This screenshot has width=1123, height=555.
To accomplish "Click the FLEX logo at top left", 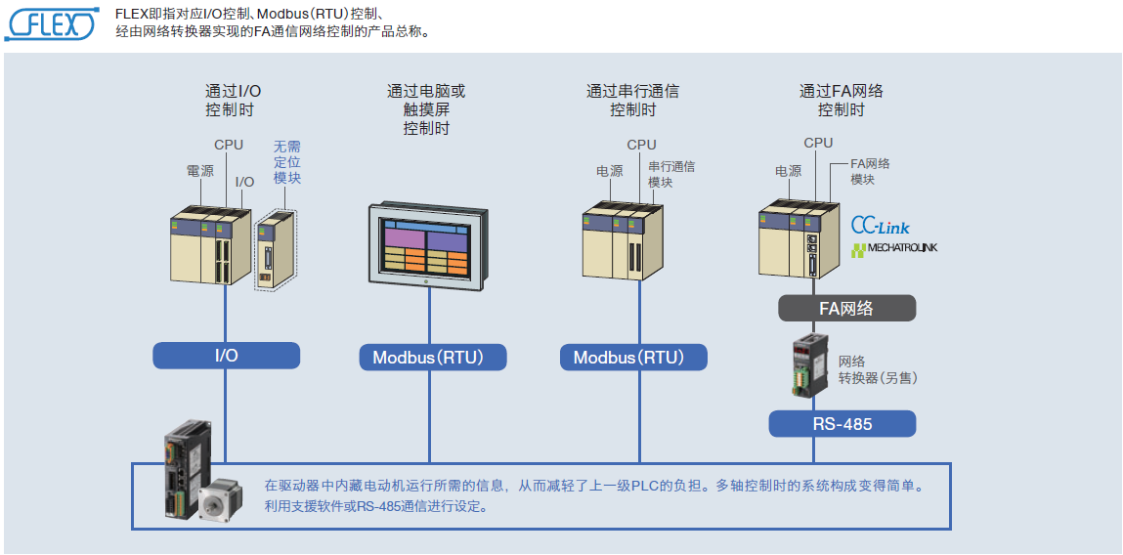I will [52, 23].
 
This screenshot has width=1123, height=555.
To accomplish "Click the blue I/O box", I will [226, 355].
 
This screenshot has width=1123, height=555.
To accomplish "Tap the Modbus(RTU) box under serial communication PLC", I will [633, 357].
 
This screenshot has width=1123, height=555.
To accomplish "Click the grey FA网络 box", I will [846, 309].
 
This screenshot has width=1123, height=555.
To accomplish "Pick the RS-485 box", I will [842, 424].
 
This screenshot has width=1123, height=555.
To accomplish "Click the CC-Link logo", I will [880, 226].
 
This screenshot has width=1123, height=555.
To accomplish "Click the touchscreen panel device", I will [426, 247].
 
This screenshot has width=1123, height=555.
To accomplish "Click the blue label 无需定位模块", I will [287, 162].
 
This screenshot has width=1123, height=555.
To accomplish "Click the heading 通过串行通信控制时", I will [632, 101].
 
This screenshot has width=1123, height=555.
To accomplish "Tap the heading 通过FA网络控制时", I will [841, 101].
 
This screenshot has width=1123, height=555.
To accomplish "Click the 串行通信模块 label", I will [671, 174].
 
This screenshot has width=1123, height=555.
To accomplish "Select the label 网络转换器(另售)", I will [878, 368].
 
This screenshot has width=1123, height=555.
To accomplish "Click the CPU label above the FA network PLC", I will [818, 143].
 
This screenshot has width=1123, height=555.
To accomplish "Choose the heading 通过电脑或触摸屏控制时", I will [426, 109].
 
